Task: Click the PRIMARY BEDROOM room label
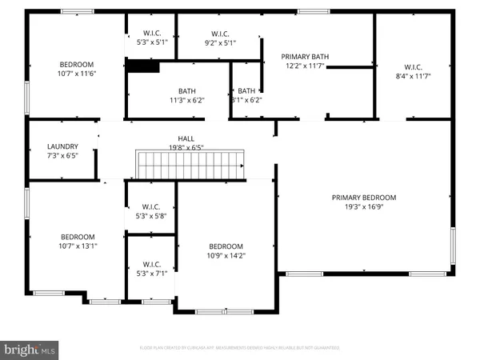(x=364, y=198)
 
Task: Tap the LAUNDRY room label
(x=62, y=146)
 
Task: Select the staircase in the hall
(x=190, y=166)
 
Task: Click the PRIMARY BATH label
(x=305, y=57)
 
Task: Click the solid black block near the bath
(x=142, y=66)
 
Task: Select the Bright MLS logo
(x=30, y=349)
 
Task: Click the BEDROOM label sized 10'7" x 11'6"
(x=77, y=64)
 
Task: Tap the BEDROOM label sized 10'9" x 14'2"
(x=226, y=246)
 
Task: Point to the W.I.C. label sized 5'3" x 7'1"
(x=151, y=264)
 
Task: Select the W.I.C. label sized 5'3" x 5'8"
(x=151, y=213)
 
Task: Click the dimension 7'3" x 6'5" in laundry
(x=62, y=156)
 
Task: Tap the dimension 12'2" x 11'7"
(x=305, y=66)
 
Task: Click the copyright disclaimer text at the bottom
(x=239, y=348)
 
